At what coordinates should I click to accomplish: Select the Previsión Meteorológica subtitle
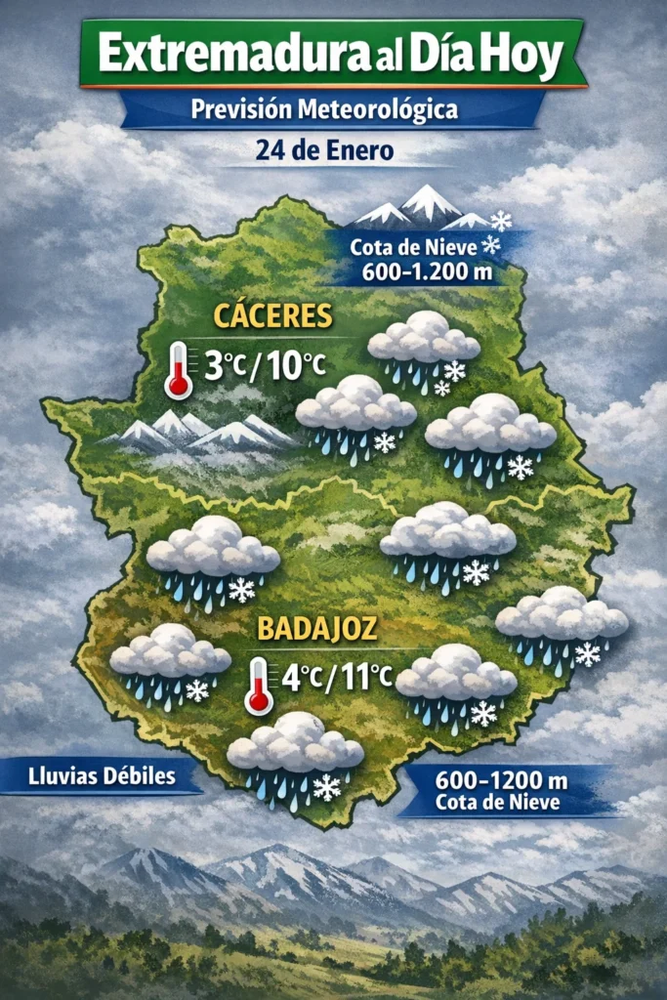[324, 109]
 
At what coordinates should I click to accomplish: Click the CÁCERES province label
[273, 317]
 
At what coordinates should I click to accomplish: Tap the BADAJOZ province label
[314, 628]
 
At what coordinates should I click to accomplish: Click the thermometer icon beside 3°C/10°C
[179, 369]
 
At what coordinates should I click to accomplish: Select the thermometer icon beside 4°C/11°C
[259, 684]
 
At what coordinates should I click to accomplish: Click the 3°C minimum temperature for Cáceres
[223, 366]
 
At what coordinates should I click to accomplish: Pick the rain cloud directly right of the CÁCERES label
[424, 347]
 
